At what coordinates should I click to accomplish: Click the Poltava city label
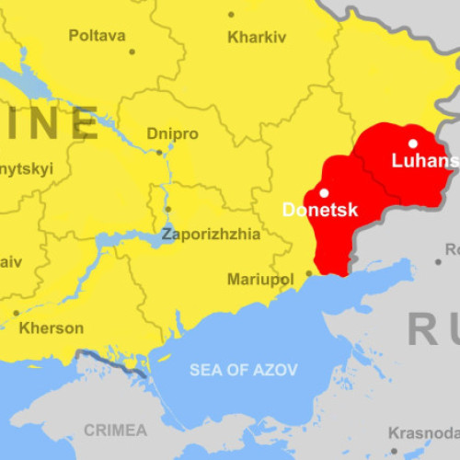point(97,36)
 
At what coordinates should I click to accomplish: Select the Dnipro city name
point(172,133)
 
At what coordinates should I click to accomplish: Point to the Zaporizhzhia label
point(211,234)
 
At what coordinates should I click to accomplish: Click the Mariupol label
point(259,278)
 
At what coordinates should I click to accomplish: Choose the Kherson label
point(51,328)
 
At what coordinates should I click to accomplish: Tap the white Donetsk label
point(319,210)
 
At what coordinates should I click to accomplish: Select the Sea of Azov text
point(244,370)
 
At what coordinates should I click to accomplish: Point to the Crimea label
point(115,430)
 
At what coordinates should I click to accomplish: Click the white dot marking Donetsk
point(324,192)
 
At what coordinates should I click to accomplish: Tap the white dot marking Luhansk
point(413,143)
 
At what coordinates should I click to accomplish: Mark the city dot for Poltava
point(132,52)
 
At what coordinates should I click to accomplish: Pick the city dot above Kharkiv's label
point(231,15)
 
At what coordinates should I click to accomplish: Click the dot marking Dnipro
point(158,152)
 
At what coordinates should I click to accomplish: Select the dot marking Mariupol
point(308,273)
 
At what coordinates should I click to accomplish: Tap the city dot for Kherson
point(16,313)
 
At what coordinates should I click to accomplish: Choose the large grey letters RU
point(433,328)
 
